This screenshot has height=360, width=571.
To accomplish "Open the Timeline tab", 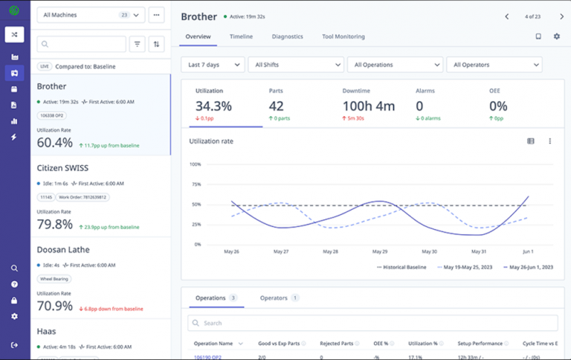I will [240, 36].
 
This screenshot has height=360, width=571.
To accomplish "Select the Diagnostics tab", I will [287, 36].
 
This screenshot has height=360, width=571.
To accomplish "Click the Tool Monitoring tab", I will [343, 36].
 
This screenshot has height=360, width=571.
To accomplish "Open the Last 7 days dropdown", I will [212, 65].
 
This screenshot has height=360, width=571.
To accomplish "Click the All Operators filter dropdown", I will [494, 65].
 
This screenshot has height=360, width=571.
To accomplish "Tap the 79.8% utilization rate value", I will [55, 224].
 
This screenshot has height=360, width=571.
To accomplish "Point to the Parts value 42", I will [277, 106].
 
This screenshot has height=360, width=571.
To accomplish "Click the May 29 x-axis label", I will [380, 251].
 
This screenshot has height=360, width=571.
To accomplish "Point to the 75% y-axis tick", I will [196, 184].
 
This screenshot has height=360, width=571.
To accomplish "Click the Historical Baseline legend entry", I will [401, 266].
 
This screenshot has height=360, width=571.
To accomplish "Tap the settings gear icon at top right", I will [556, 36].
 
